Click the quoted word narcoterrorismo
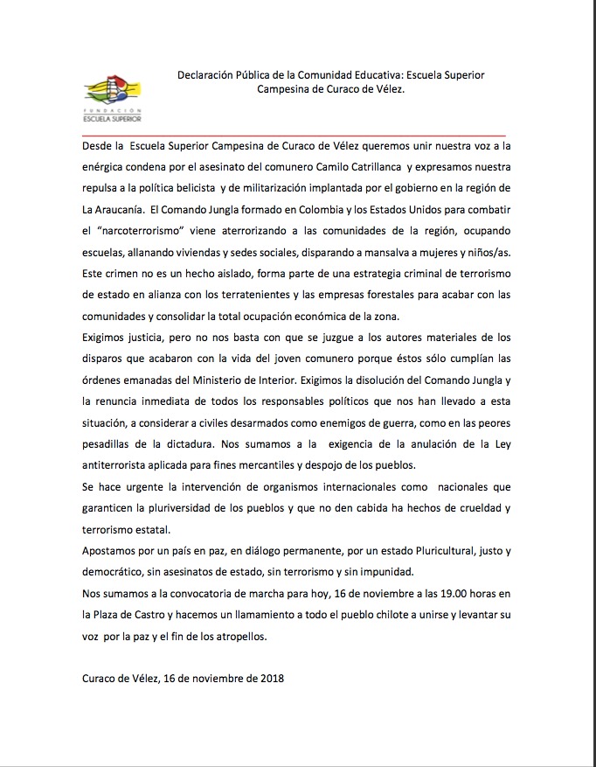[x=134, y=231]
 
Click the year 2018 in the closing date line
[x=271, y=678]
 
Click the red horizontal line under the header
[x=297, y=134]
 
